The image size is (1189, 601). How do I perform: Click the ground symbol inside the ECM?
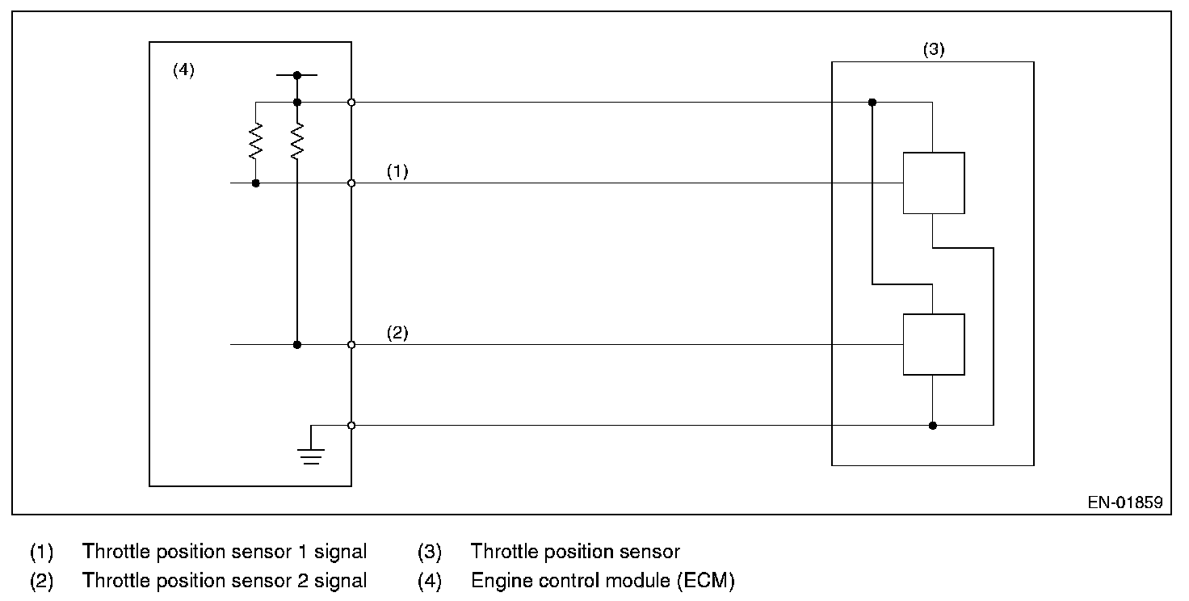(312, 456)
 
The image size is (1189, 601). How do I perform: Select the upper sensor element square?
(933, 183)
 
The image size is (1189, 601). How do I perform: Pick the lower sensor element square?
(933, 344)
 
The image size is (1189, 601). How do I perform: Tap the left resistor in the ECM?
(256, 141)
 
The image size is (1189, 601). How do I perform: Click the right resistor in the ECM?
(297, 141)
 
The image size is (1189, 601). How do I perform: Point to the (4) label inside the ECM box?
(183, 70)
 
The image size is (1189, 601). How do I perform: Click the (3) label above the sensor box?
(933, 49)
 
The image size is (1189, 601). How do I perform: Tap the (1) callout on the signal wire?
(397, 171)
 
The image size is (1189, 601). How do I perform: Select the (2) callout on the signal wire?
(397, 333)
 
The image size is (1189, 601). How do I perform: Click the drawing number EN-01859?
(1124, 502)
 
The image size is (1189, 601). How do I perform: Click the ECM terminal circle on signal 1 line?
(351, 183)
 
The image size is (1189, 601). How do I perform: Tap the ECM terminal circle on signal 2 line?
(351, 345)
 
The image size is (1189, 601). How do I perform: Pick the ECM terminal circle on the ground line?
(351, 425)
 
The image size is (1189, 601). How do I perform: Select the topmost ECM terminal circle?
(351, 103)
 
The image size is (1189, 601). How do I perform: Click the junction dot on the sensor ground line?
(933, 425)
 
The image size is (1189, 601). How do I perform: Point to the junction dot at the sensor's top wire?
(872, 103)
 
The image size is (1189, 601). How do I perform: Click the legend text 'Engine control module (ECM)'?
(603, 580)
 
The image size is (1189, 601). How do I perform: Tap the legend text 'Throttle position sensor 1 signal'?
(225, 552)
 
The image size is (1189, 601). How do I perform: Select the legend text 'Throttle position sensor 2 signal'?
(225, 580)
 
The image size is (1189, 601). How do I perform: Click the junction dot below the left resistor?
(256, 183)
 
